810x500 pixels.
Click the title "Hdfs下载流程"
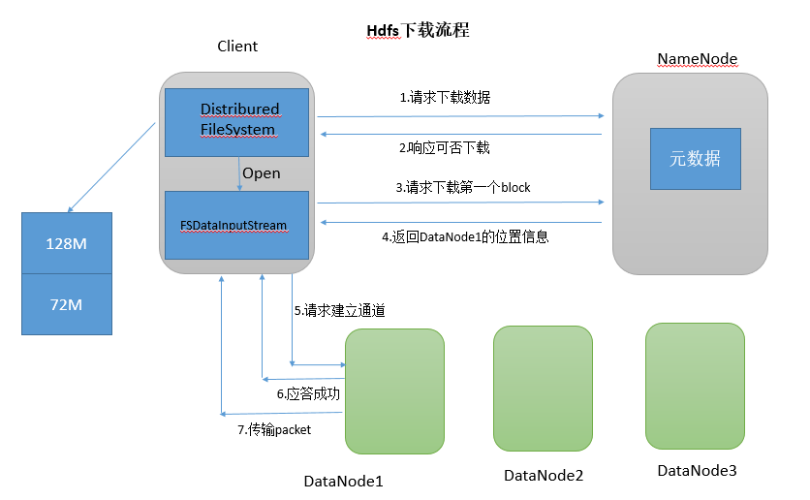pyautogui.click(x=418, y=30)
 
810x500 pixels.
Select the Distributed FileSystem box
pyautogui.click(x=237, y=121)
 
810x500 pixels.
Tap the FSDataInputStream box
pyautogui.click(x=237, y=225)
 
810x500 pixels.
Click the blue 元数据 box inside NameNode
pyautogui.click(x=695, y=159)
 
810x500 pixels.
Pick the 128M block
pyautogui.click(x=67, y=243)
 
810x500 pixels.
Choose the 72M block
pyautogui.click(x=67, y=304)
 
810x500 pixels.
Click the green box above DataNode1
pyautogui.click(x=394, y=391)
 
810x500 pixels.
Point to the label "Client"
pyautogui.click(x=237, y=47)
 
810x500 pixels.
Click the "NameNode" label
pyautogui.click(x=698, y=59)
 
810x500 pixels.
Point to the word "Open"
pyautogui.click(x=262, y=173)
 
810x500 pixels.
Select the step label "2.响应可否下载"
pyautogui.click(x=445, y=148)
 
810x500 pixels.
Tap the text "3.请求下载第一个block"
pyautogui.click(x=463, y=187)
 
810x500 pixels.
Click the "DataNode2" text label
pyautogui.click(x=544, y=475)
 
